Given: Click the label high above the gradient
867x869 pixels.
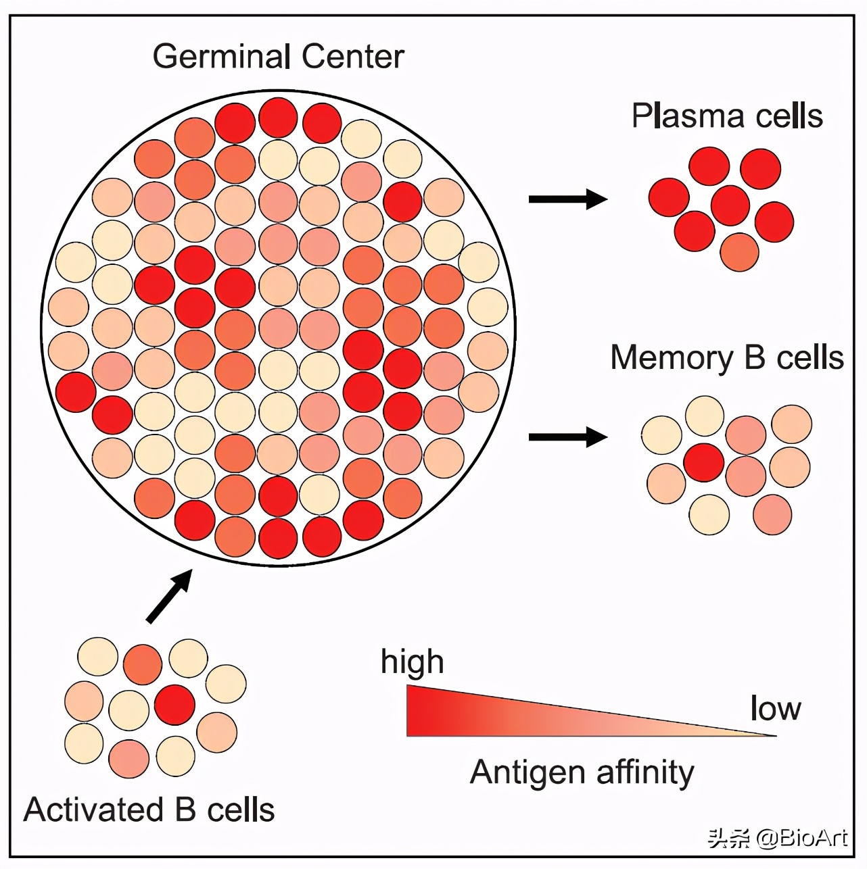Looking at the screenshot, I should point(412,662).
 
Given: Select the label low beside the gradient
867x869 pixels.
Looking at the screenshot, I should point(775,708).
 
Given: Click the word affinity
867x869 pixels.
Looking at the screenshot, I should point(645,772).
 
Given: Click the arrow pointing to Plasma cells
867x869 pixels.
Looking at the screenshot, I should point(567,199).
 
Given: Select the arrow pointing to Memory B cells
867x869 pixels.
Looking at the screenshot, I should point(567,437).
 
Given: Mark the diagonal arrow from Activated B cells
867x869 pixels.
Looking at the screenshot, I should point(170,595).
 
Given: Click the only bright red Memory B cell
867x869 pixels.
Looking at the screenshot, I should point(704,462).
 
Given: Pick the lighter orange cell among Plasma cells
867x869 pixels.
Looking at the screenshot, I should point(739,252).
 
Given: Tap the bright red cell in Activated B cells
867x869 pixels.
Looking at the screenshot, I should point(174,704).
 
